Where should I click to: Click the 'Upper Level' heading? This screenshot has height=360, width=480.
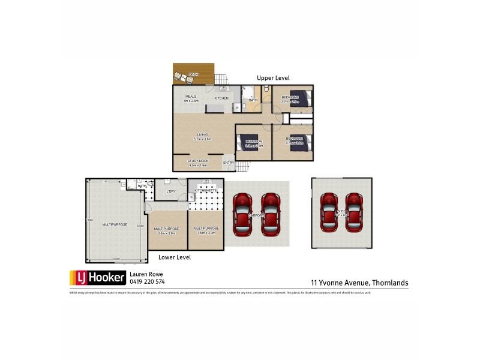(274, 78)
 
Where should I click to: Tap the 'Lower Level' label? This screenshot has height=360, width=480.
(175, 257)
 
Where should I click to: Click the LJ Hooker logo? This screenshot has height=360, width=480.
(98, 277)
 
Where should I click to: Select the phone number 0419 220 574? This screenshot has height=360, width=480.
(148, 281)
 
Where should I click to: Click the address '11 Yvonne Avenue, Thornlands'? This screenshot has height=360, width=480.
(359, 281)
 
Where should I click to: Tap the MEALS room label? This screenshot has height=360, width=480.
(191, 96)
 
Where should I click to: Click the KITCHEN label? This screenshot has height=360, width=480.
(221, 98)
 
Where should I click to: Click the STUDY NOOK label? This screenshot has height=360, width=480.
(197, 161)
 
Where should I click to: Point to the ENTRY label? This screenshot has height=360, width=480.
(229, 163)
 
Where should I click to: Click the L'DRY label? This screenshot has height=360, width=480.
(170, 191)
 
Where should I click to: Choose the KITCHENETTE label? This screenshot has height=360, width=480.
(206, 191)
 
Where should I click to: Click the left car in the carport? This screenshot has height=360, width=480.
(242, 213)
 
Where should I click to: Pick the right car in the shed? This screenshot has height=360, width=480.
(354, 212)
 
